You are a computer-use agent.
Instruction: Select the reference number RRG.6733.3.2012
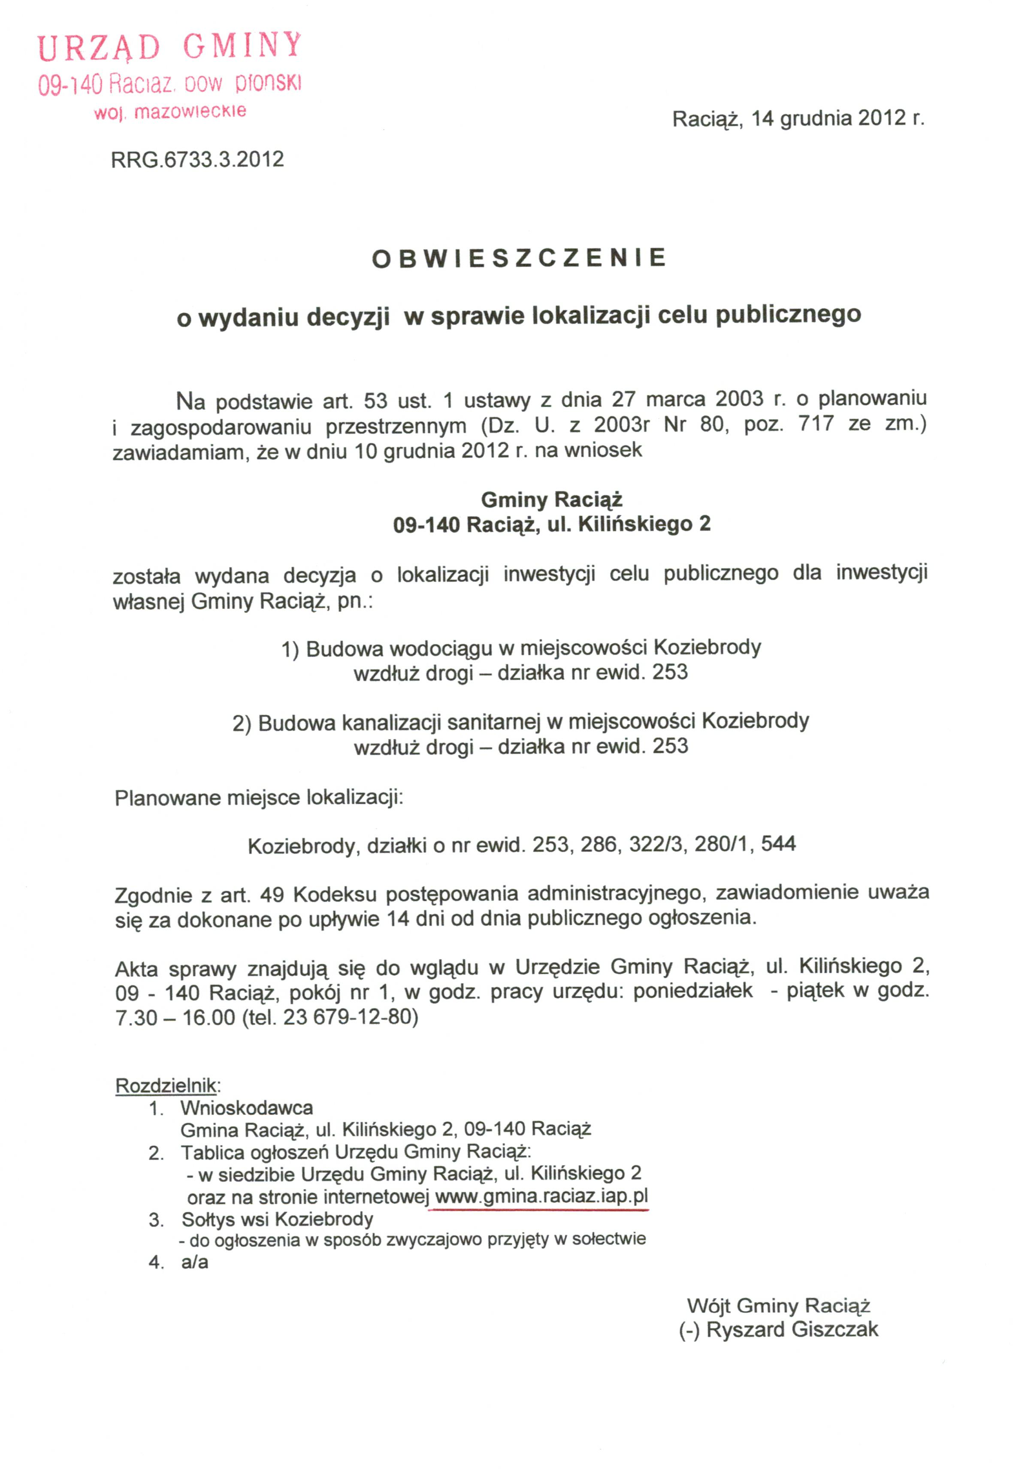click(x=197, y=159)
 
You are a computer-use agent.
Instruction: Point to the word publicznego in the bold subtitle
click(x=788, y=315)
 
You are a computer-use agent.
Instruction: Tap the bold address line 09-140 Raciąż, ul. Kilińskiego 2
click(x=552, y=525)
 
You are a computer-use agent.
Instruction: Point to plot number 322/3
click(x=656, y=843)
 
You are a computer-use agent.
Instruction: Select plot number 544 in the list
click(x=778, y=843)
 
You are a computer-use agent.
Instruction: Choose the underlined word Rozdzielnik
click(x=166, y=1086)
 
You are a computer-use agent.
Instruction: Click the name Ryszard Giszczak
click(x=792, y=1329)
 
